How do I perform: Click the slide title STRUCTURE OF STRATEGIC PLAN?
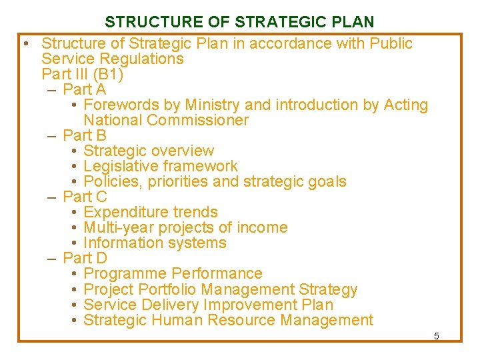pos(239,21)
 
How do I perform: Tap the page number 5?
pos(437,336)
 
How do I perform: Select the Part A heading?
pos(85,89)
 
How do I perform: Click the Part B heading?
pos(85,135)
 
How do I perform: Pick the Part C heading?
pos(85,197)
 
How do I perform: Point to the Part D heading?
pos(85,258)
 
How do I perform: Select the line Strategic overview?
pos(149,151)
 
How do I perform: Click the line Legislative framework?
pos(161,166)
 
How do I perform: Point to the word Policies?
pos(110,181)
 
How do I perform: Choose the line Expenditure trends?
pos(151,212)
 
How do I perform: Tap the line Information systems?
pos(155,243)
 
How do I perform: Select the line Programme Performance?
pos(173,273)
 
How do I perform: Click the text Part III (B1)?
pos(82,74)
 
